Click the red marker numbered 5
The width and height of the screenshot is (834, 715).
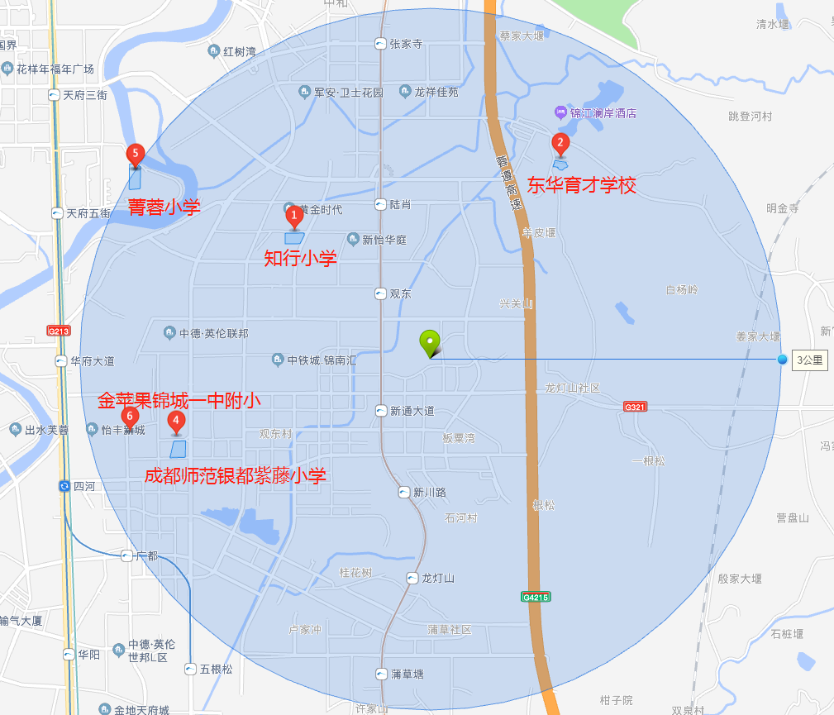click(x=135, y=154)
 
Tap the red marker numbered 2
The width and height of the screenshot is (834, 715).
click(x=560, y=143)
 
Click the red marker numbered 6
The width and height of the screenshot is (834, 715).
click(x=129, y=416)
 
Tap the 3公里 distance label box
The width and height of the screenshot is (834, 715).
click(x=809, y=360)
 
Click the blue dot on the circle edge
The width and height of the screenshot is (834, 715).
click(x=782, y=359)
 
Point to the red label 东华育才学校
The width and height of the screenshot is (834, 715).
click(x=582, y=185)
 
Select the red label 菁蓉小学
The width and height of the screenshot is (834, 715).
click(x=164, y=207)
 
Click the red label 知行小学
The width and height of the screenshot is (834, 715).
click(x=301, y=259)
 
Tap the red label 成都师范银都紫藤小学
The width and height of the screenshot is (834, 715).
click(x=236, y=475)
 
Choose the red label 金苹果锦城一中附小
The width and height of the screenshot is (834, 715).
click(x=179, y=401)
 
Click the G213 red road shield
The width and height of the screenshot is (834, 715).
click(x=60, y=331)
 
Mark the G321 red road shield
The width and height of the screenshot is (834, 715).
click(x=635, y=407)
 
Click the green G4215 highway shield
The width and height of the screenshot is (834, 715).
click(x=536, y=597)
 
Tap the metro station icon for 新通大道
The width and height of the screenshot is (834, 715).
click(x=380, y=411)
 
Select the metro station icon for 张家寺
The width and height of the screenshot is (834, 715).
click(x=380, y=44)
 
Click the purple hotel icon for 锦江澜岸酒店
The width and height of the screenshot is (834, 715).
click(x=560, y=112)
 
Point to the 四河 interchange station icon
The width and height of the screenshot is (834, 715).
click(x=64, y=486)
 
